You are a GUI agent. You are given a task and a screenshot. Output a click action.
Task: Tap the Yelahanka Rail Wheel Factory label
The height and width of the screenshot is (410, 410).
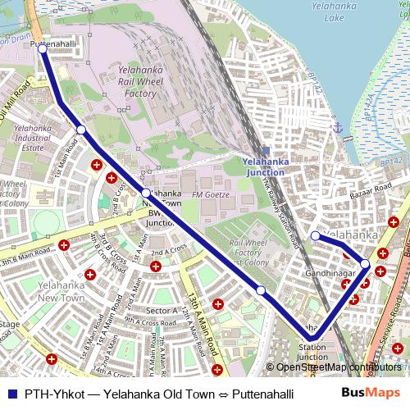(137, 82)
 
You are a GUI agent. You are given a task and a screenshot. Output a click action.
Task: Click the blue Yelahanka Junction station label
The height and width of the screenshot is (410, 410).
(264, 167)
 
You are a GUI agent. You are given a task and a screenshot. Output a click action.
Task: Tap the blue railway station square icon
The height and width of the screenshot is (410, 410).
(265, 150)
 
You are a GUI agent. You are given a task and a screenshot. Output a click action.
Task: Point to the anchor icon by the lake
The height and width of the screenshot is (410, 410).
(336, 128)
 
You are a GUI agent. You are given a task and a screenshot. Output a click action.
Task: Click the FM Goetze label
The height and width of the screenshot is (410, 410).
(208, 194)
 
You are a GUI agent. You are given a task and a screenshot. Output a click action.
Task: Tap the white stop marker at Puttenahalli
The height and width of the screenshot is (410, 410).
(42, 48)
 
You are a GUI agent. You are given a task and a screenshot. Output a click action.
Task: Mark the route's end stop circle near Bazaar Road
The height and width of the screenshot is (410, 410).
(315, 236)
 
